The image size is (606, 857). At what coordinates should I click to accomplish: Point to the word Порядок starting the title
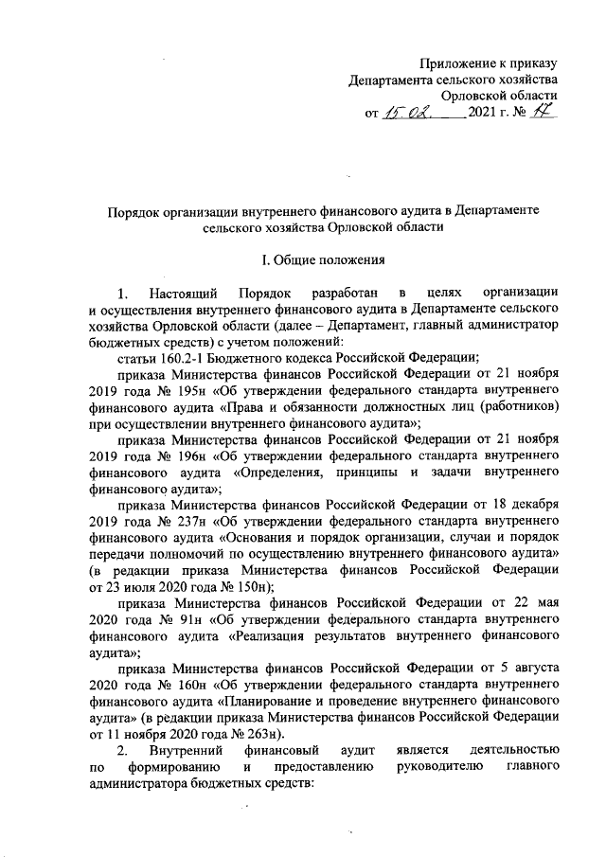[x=130, y=208]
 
